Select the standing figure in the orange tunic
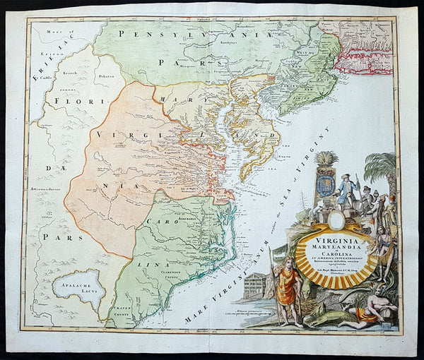(x=287, y=287)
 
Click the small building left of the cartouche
(x=255, y=285)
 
